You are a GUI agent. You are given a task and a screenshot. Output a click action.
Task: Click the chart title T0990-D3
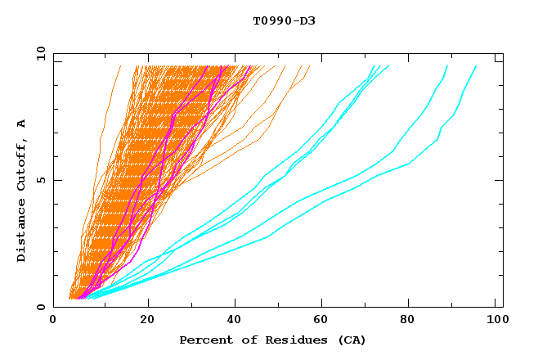(284, 20)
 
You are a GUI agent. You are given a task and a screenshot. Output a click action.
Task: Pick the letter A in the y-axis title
(22, 123)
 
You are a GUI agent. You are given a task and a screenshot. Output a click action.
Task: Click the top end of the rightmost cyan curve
(477, 65)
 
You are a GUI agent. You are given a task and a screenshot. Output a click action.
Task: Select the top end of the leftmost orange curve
(121, 65)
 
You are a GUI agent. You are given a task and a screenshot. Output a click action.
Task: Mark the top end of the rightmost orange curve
(310, 66)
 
